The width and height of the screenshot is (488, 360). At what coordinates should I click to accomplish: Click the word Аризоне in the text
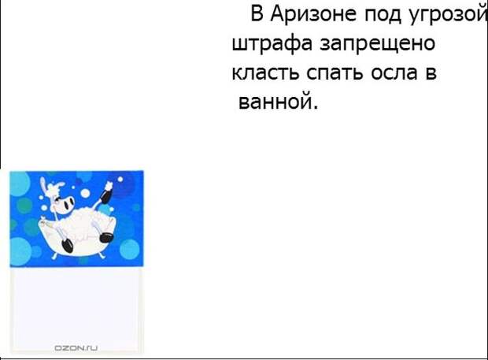(x=312, y=14)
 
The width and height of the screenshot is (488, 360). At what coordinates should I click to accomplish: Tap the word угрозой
(x=447, y=16)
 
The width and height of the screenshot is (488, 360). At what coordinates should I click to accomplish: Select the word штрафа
(x=272, y=44)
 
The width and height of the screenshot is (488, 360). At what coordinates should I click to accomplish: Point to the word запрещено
(x=377, y=45)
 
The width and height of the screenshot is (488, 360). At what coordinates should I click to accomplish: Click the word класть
(x=265, y=72)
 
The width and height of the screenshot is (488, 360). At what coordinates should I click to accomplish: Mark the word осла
(x=394, y=72)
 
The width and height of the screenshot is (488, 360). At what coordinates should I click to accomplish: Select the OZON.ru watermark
(x=76, y=348)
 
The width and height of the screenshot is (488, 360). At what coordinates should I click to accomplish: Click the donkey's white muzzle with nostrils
(x=68, y=204)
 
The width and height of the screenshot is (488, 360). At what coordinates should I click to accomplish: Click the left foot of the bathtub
(x=54, y=256)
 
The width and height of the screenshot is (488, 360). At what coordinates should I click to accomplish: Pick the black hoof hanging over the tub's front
(x=67, y=246)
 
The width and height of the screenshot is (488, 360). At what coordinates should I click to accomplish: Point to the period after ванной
(x=316, y=108)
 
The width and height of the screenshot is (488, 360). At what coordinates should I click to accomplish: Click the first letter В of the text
(x=257, y=14)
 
